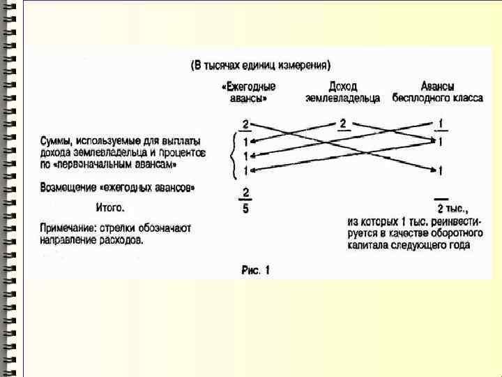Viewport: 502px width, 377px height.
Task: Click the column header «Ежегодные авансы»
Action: click(x=248, y=92)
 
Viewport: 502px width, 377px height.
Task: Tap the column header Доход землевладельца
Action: click(x=342, y=92)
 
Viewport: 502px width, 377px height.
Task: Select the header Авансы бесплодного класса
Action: click(x=437, y=92)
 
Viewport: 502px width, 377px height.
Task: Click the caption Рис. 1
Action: click(x=254, y=269)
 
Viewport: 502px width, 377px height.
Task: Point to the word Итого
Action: click(x=110, y=207)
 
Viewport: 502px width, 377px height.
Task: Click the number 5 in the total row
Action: click(x=245, y=208)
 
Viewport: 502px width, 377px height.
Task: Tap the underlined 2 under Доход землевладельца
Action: click(x=343, y=124)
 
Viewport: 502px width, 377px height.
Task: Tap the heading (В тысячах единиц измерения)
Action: click(x=260, y=66)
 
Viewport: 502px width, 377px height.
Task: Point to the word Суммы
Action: click(x=56, y=140)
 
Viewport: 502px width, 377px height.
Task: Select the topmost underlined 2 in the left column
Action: click(x=245, y=124)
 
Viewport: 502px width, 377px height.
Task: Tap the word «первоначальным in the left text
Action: click(x=96, y=165)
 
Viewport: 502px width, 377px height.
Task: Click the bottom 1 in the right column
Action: click(x=440, y=170)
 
